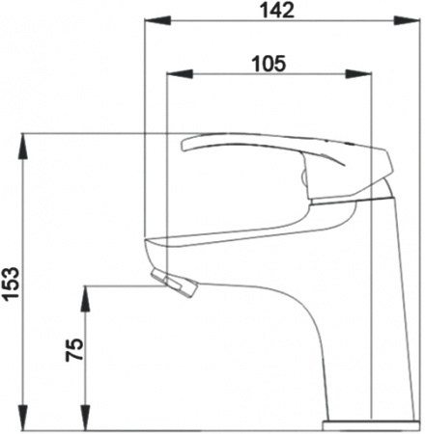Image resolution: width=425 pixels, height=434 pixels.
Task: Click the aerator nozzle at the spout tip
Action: click(176, 283)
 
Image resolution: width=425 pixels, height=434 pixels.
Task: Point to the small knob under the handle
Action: click(304, 179)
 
